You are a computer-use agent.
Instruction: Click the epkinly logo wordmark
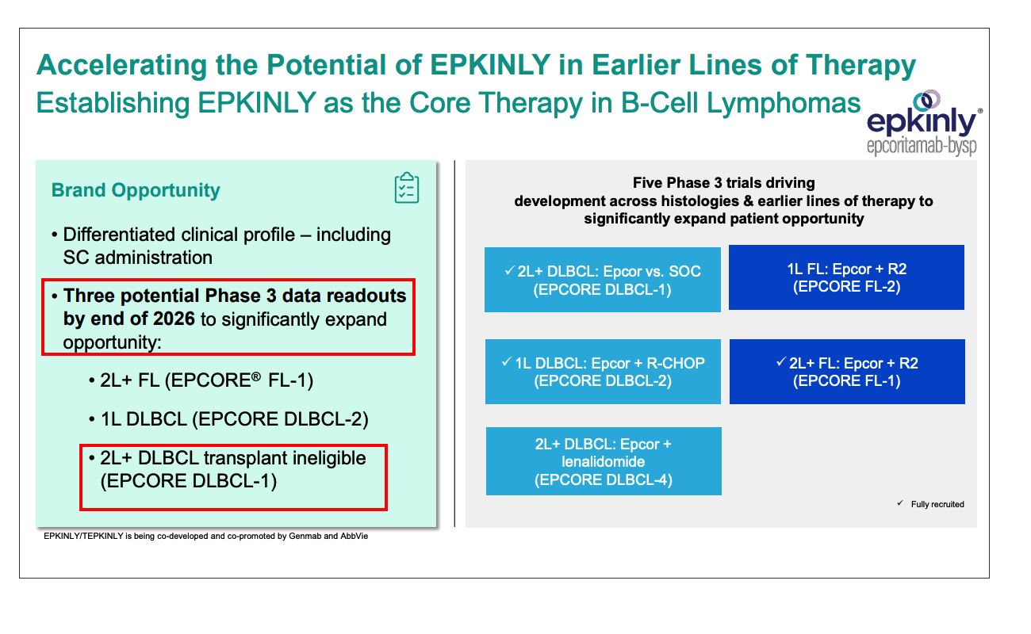click(x=922, y=122)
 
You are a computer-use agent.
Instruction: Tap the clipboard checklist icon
click(x=406, y=188)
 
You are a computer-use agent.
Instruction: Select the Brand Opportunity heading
click(x=136, y=190)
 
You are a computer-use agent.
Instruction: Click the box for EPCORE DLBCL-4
click(x=603, y=461)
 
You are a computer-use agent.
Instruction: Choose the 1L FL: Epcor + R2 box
click(x=846, y=277)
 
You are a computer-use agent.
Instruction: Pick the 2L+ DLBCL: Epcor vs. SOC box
click(x=603, y=280)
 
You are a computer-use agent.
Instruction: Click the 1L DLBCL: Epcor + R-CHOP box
click(x=603, y=372)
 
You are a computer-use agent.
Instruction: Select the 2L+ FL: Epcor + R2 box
click(x=846, y=372)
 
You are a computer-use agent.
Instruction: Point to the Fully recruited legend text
click(x=937, y=504)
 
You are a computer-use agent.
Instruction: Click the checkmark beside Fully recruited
click(x=899, y=503)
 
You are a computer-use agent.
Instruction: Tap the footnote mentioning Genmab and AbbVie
click(x=206, y=537)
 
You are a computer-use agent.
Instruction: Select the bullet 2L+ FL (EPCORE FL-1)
click(x=201, y=380)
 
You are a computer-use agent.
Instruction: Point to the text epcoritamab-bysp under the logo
click(x=922, y=147)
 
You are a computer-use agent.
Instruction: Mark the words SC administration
click(x=137, y=258)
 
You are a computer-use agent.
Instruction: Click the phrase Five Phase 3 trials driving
click(x=723, y=183)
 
